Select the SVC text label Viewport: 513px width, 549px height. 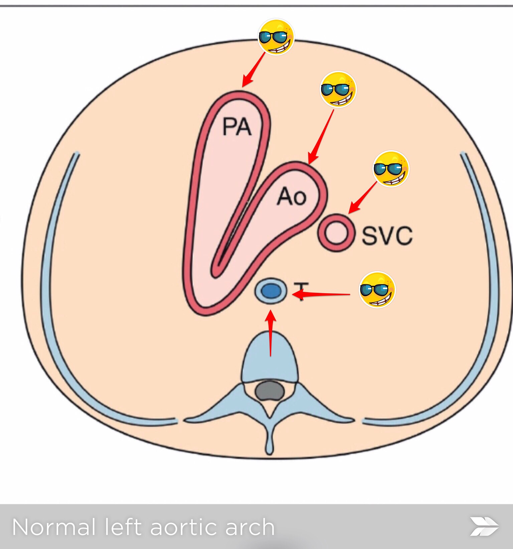[x=387, y=236]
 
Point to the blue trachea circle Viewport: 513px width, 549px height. [x=271, y=291]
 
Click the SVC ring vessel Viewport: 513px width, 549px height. [x=336, y=233]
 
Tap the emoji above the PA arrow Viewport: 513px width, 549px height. [x=276, y=37]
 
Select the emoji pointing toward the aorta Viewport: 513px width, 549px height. [x=338, y=89]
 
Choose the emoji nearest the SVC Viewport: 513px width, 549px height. [x=390, y=169]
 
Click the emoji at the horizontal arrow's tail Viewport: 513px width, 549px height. [x=377, y=290]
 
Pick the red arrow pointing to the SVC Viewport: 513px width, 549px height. [x=363, y=197]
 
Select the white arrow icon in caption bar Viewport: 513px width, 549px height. [x=484, y=527]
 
